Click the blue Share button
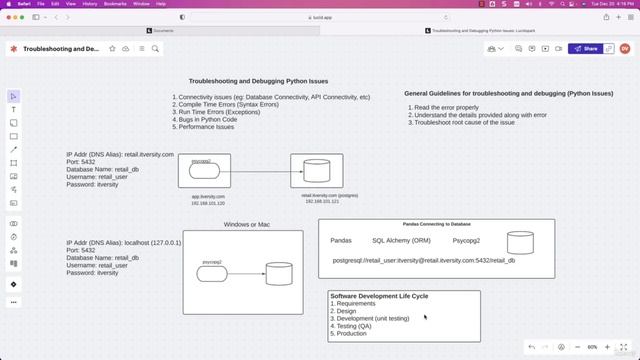pyautogui.click(x=586, y=48)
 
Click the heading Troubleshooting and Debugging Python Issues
pyautogui.click(x=258, y=81)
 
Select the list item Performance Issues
pyautogui.click(x=207, y=127)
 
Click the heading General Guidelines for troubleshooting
pyautogui.click(x=509, y=93)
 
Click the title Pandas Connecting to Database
pyautogui.click(x=436, y=225)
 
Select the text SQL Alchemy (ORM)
pyautogui.click(x=401, y=241)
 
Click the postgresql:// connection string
pyautogui.click(x=424, y=260)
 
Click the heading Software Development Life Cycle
pyautogui.click(x=379, y=296)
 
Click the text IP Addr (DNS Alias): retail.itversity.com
pyautogui.click(x=120, y=155)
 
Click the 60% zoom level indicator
pyautogui.click(x=592, y=347)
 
